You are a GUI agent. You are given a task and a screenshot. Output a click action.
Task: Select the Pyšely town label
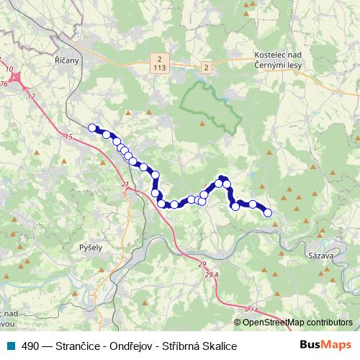pos(91,246)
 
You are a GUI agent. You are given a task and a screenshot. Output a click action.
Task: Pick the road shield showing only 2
pos(207,68)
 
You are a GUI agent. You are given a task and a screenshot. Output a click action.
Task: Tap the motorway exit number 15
pos(68,136)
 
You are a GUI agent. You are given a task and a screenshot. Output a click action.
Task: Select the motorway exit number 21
pos(125,185)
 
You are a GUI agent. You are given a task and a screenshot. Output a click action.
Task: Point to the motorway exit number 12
pos(31,96)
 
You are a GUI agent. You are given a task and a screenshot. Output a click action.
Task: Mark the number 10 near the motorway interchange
pos(9,70)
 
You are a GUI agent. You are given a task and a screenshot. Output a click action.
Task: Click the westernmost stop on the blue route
pos(91,128)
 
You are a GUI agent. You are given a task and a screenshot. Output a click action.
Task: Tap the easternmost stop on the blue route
pos(268,212)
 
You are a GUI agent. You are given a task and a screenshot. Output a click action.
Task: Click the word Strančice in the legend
pos(74,346)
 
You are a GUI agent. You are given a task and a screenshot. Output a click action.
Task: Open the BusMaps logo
pos(325,345)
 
